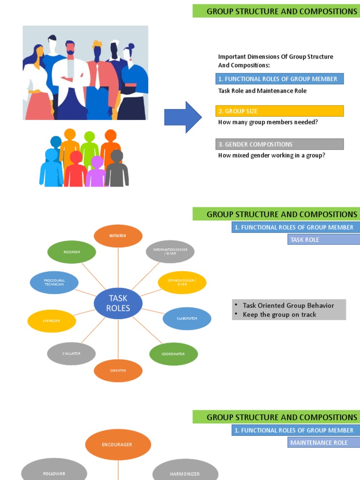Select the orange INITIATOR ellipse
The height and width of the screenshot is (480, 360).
[x=118, y=236]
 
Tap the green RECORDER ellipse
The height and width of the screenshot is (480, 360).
[x=72, y=252]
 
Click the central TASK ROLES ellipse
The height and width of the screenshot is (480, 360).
[x=118, y=303]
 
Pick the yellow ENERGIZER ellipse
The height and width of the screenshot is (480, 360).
[x=52, y=321]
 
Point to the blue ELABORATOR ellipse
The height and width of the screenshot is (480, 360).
[x=187, y=319]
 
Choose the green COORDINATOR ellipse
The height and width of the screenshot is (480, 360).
[x=173, y=354]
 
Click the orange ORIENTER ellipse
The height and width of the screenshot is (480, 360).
[x=118, y=371]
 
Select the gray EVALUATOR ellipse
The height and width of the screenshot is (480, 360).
[x=71, y=354]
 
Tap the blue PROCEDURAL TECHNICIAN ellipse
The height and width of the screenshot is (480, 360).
[x=54, y=283]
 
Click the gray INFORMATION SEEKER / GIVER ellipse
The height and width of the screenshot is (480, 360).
[x=170, y=252]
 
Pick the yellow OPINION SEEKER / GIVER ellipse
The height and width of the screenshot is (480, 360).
[x=182, y=282]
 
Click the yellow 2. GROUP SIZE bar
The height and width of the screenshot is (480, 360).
[x=280, y=111]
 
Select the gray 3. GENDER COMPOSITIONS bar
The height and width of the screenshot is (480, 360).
[x=280, y=144]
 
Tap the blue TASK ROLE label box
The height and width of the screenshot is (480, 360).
[x=323, y=240]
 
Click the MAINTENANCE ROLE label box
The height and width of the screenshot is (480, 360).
[x=323, y=442]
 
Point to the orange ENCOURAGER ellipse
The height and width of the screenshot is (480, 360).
[x=118, y=444]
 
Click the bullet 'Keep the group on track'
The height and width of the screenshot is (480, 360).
[x=279, y=315]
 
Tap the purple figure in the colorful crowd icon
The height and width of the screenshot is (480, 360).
[x=96, y=172]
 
